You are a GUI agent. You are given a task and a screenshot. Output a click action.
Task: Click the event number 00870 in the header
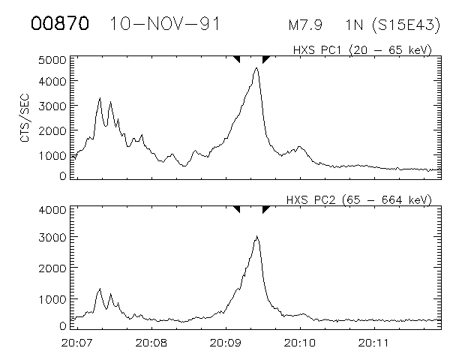pos(60,24)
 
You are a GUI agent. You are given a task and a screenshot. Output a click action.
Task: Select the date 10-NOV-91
pos(164,24)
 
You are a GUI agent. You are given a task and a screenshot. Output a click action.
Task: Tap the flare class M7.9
pos(305,25)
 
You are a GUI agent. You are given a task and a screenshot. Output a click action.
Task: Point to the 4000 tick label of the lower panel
pos(52,210)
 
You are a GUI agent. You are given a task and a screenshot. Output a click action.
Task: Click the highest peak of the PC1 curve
pos(256,68)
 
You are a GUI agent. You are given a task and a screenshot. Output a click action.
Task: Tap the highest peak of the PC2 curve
pos(256,237)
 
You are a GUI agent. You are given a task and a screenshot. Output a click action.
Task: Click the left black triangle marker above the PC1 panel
pos(237,58)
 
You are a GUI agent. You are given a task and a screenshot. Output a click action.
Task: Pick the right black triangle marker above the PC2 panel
pos(265,208)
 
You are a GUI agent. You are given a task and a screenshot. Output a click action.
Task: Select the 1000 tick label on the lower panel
pos(52,298)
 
